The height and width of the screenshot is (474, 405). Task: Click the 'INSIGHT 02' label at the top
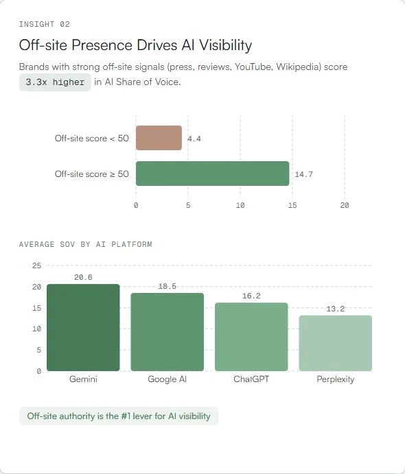(x=44, y=24)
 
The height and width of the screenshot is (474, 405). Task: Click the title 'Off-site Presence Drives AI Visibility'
(x=135, y=45)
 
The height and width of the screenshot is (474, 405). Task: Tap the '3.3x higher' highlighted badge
(x=55, y=82)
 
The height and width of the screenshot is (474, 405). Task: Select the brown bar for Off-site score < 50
(x=159, y=138)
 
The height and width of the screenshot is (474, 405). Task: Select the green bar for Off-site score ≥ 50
(x=212, y=174)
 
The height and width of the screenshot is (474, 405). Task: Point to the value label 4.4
(x=194, y=139)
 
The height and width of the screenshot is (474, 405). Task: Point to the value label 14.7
(x=303, y=174)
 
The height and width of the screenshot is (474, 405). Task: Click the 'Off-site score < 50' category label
(x=91, y=139)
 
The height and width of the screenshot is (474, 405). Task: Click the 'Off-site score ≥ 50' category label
(x=91, y=174)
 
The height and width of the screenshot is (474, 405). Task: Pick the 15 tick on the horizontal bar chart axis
(x=292, y=205)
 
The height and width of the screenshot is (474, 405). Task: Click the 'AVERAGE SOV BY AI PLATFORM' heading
(x=85, y=244)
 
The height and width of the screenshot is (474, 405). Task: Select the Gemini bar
(x=83, y=327)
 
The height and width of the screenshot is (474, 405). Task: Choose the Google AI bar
(x=167, y=332)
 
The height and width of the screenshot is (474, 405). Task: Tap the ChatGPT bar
(x=251, y=337)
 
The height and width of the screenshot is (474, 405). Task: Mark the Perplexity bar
(x=335, y=343)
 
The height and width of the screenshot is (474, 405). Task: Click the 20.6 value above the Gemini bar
(x=83, y=277)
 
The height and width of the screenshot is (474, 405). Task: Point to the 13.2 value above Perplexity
(x=335, y=309)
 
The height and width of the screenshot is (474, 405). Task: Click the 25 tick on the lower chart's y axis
(x=36, y=265)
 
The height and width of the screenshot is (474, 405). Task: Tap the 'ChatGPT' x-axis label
(x=251, y=379)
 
